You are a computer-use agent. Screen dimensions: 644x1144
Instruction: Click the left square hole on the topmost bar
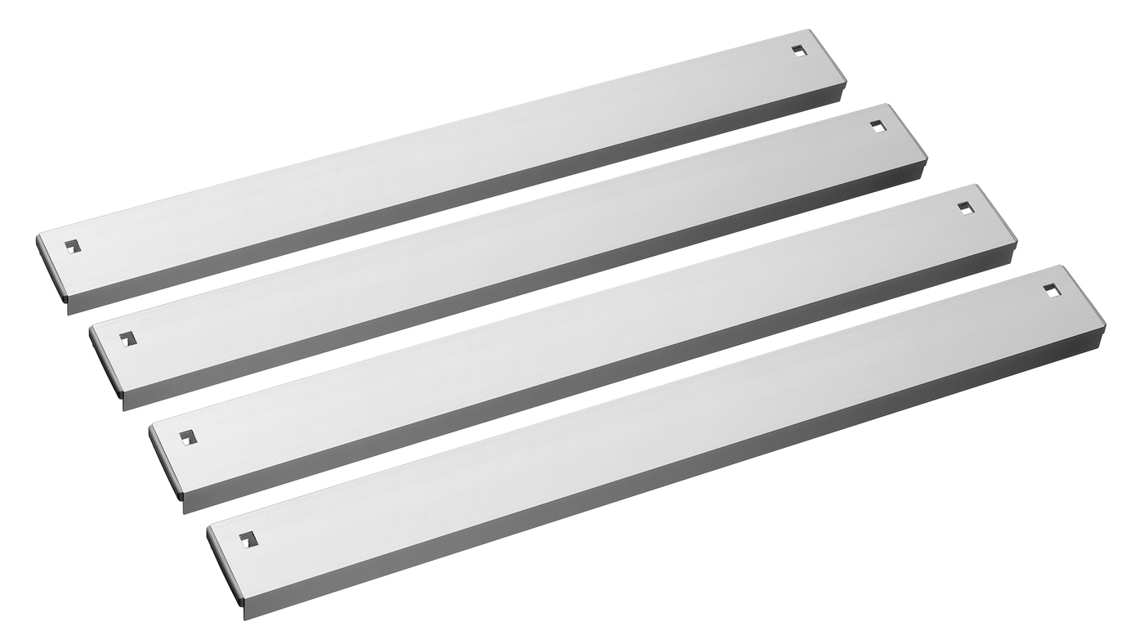[74, 245]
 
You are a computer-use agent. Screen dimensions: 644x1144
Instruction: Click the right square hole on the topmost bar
[799, 50]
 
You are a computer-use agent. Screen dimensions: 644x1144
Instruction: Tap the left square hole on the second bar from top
[127, 338]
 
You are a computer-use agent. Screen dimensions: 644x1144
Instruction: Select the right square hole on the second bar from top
[878, 127]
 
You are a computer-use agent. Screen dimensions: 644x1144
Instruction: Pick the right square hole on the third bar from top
[966, 208]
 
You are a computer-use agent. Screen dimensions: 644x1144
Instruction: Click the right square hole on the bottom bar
[1051, 290]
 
